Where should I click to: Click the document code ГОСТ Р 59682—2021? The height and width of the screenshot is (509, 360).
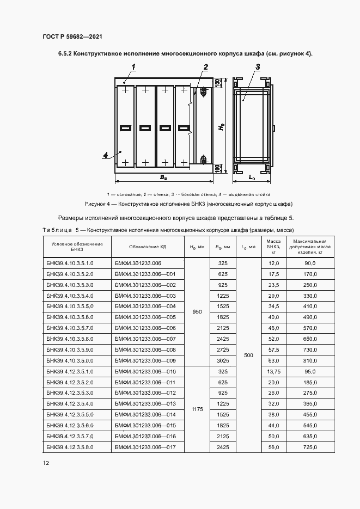[72, 36]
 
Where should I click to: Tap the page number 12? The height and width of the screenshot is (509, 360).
[46, 463]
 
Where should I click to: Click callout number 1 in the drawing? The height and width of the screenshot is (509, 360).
[133, 66]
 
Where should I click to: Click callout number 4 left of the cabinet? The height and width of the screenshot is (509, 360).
[106, 155]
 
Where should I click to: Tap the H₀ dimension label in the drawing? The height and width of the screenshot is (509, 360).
[222, 126]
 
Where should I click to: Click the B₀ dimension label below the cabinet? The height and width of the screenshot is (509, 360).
[162, 177]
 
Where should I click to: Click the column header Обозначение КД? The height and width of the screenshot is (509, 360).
[148, 247]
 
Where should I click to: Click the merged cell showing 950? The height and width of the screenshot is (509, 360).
[197, 312]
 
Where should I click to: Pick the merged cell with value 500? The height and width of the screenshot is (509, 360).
[249, 355]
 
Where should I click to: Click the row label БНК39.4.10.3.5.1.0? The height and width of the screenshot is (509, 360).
[70, 263]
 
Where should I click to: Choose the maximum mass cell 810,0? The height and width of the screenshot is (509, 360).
[309, 361]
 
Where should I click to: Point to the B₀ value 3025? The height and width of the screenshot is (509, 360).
[222, 361]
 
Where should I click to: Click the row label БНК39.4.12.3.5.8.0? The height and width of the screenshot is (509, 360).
[70, 447]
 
